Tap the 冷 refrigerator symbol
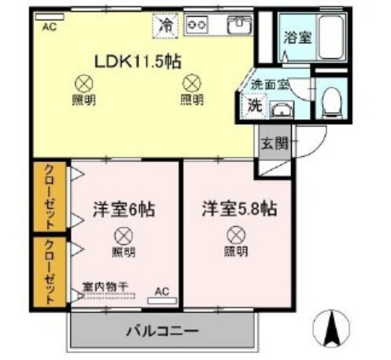167,25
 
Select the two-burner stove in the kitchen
196,26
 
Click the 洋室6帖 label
124,208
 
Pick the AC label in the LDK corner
50,28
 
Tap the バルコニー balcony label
163,329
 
